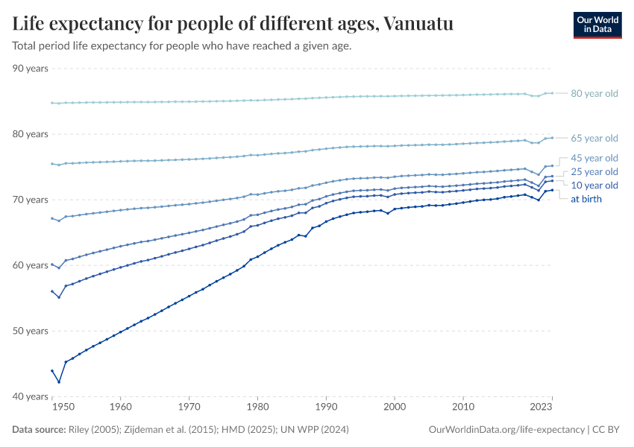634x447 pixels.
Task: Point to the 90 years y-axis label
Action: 31,69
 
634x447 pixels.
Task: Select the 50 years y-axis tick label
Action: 31,331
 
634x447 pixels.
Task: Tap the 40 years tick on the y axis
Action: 31,396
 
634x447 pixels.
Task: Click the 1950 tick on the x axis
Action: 63,408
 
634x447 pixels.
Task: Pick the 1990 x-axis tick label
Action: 325,408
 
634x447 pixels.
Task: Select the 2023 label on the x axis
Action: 542,408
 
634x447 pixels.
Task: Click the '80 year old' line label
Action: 594,94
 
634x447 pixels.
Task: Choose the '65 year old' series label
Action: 594,138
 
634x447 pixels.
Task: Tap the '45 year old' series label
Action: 594,158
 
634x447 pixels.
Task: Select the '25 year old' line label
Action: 594,172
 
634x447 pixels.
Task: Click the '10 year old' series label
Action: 594,186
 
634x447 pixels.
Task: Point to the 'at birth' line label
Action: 586,199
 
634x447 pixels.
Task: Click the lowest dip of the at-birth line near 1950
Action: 59,382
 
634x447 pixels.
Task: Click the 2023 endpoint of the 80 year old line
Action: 552,93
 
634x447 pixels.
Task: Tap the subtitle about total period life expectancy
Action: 181,46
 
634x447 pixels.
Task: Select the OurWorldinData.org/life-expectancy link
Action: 507,430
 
